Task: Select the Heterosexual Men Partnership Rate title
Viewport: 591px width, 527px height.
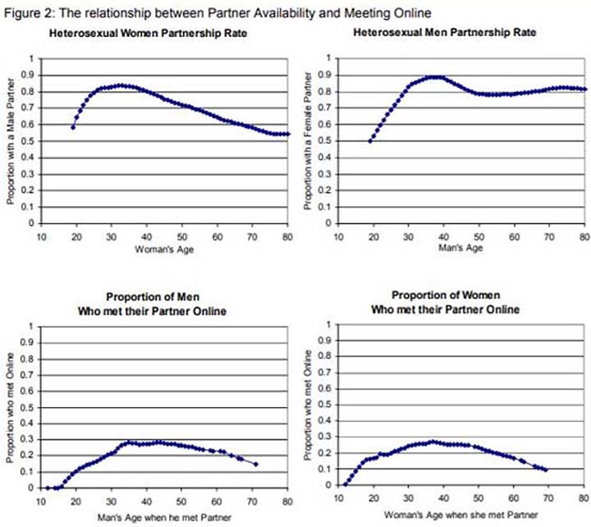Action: (444, 33)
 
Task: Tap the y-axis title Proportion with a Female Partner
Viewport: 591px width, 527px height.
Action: (309, 140)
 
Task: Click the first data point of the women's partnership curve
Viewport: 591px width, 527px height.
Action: (73, 127)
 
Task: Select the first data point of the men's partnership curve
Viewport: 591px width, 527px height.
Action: (369, 140)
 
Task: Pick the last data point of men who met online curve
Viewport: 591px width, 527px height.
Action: (255, 464)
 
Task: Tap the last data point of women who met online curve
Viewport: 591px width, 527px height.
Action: (545, 470)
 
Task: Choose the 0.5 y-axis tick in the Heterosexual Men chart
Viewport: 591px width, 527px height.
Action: (328, 141)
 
